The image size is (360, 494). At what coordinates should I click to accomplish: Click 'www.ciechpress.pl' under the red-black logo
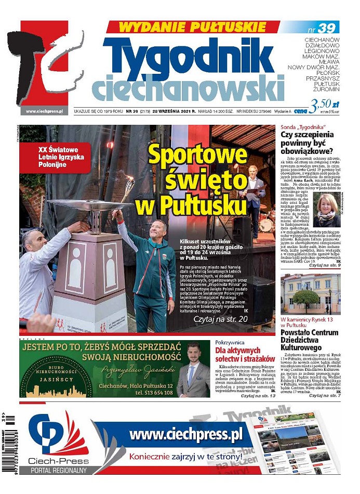click(x=44, y=111)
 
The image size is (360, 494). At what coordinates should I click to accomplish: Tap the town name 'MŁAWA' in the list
click(x=329, y=61)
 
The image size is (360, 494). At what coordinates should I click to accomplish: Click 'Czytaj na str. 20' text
click(x=220, y=318)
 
